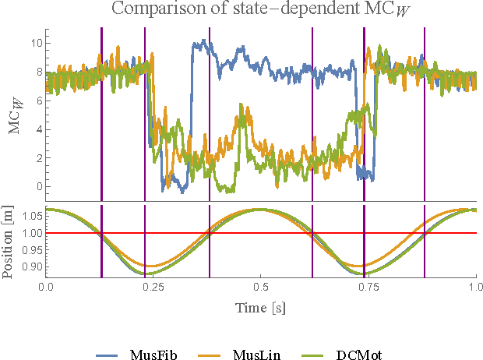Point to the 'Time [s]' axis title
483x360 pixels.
click(x=261, y=308)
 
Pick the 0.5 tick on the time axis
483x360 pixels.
click(x=261, y=287)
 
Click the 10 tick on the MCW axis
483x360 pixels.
click(x=34, y=43)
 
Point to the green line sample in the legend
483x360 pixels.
click(x=320, y=354)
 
